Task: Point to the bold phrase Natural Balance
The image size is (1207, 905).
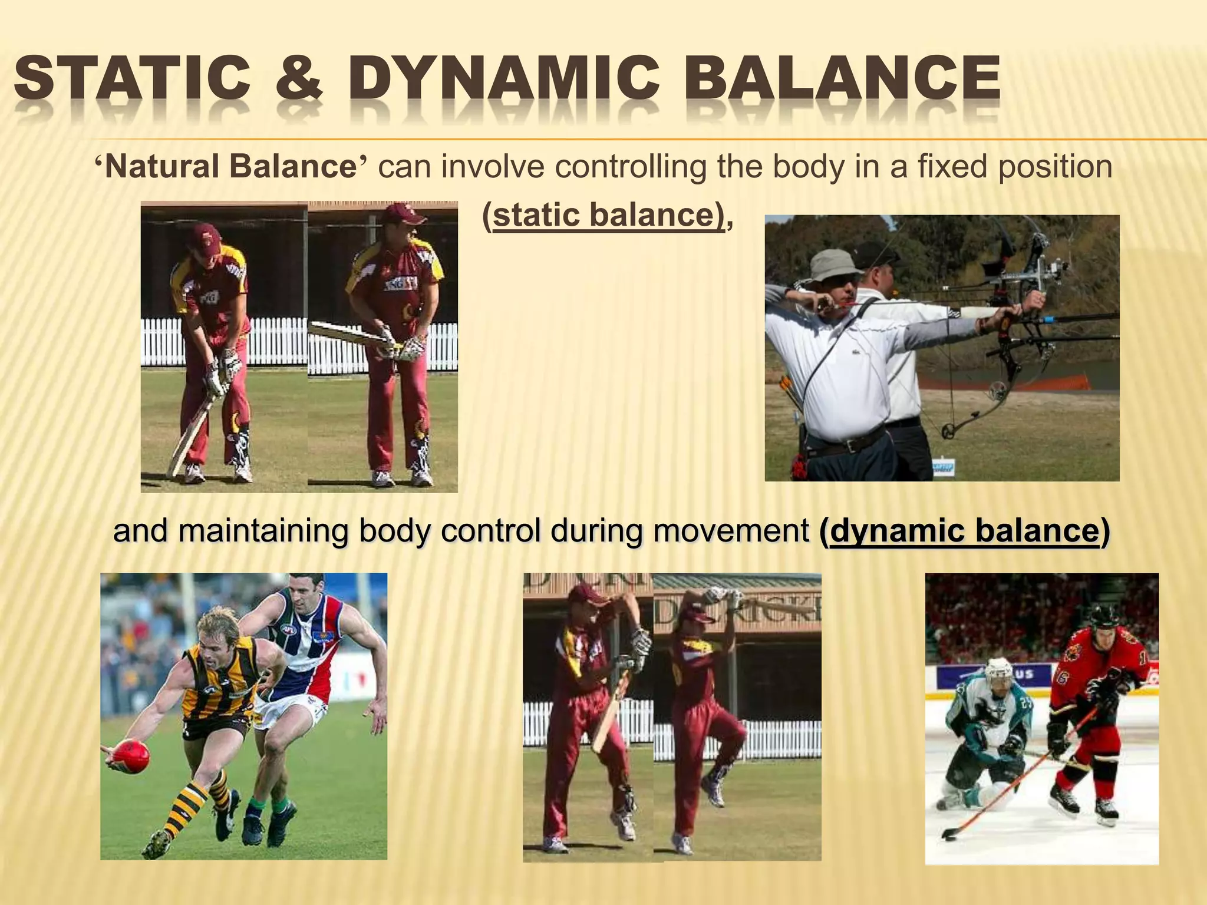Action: click(230, 167)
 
